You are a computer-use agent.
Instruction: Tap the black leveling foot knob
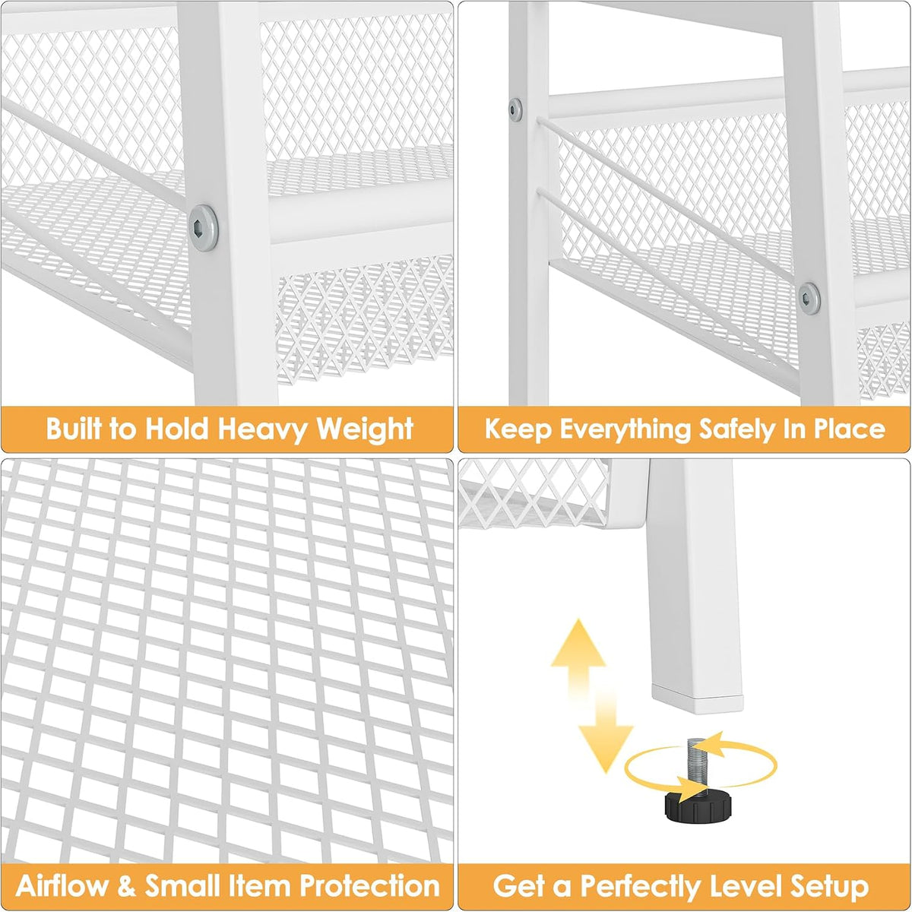click(x=698, y=808)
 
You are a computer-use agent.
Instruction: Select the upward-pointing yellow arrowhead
click(x=578, y=643)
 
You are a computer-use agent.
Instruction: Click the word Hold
click(x=177, y=429)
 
